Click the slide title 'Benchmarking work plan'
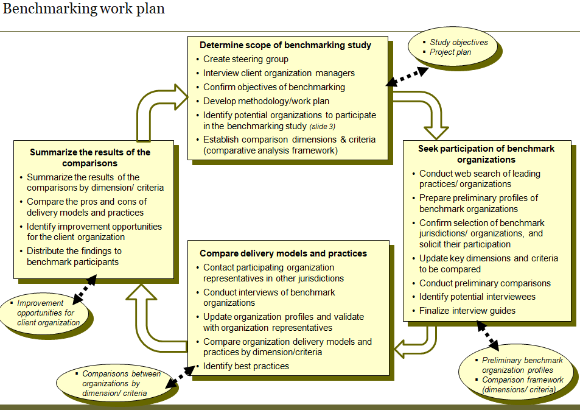tap(84, 9)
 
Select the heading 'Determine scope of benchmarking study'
tap(285, 45)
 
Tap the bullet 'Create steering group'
tap(245, 59)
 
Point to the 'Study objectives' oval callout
tap(458, 48)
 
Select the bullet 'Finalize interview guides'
tap(467, 311)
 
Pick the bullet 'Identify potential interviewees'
tap(477, 297)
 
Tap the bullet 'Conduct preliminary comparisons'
tap(484, 283)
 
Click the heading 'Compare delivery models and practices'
tap(283, 253)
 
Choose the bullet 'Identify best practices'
tap(246, 366)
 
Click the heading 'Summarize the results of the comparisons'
tap(90, 157)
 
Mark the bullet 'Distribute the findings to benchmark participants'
tap(74, 256)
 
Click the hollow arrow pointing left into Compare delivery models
tap(417, 344)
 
